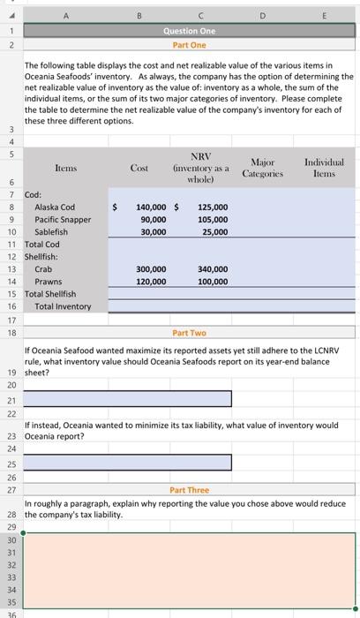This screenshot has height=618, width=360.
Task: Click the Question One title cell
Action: (189, 30)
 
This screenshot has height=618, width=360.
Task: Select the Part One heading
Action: (189, 44)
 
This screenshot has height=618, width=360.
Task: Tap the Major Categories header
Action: (263, 167)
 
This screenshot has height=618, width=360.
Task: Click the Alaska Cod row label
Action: (55, 207)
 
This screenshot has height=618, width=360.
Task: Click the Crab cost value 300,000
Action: (150, 268)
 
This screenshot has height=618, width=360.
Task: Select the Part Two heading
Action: (189, 333)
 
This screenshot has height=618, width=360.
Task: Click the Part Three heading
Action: (189, 490)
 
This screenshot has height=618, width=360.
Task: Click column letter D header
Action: (263, 13)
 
